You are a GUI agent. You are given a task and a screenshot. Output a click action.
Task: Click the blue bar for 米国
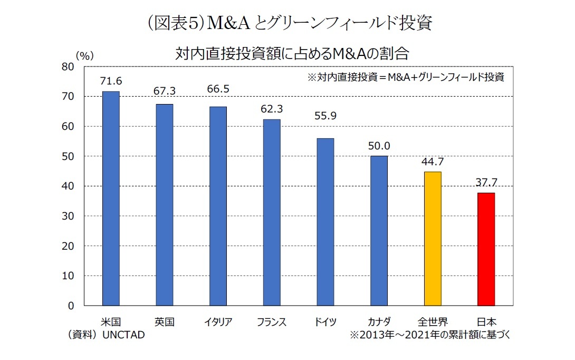pyautogui.click(x=111, y=198)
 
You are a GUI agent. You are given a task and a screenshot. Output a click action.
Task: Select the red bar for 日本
pyautogui.click(x=486, y=249)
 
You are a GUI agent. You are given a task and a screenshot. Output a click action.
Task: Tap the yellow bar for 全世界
pyautogui.click(x=433, y=239)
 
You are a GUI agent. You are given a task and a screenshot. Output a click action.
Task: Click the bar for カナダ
pyautogui.click(x=379, y=231)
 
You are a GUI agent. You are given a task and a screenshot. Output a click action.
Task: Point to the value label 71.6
pyautogui.click(x=111, y=81)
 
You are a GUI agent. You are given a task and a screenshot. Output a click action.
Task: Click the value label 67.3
pyautogui.click(x=165, y=92)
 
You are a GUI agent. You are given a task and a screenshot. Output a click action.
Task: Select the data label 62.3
pyautogui.click(x=272, y=109)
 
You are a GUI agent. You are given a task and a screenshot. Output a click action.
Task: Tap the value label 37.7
pyautogui.click(x=486, y=182)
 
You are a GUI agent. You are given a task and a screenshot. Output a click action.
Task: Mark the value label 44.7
pyautogui.click(x=432, y=162)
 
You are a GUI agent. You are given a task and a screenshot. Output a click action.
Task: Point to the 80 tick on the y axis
pyautogui.click(x=67, y=67)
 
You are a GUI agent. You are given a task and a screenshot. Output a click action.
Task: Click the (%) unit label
pyautogui.click(x=84, y=55)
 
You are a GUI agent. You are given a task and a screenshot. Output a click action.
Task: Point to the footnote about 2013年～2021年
pyautogui.click(x=429, y=335)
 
